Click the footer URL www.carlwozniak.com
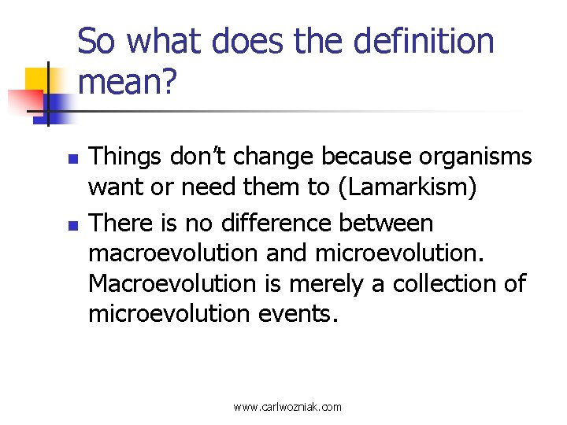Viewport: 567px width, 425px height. (x=287, y=407)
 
